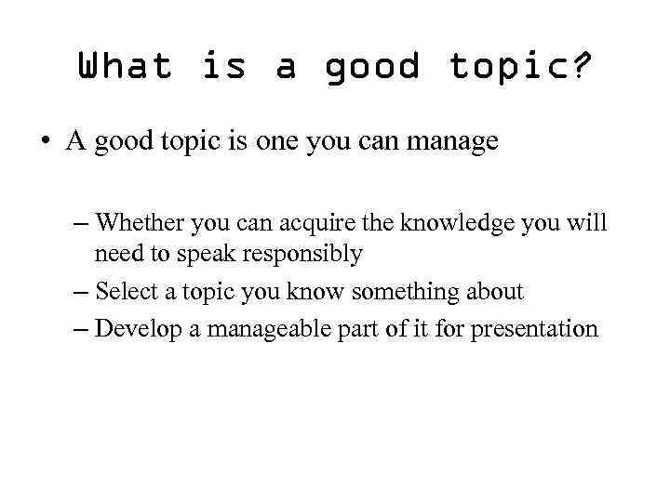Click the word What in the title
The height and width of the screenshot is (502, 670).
pyautogui.click(x=126, y=66)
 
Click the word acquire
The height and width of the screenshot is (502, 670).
pyautogui.click(x=305, y=223)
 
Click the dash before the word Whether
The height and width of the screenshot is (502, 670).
pyautogui.click(x=79, y=224)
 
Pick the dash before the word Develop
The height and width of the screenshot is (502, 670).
pyautogui.click(x=79, y=330)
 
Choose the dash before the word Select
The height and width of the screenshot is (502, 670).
pyautogui.click(x=79, y=293)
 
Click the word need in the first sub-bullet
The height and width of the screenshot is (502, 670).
pyautogui.click(x=114, y=254)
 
